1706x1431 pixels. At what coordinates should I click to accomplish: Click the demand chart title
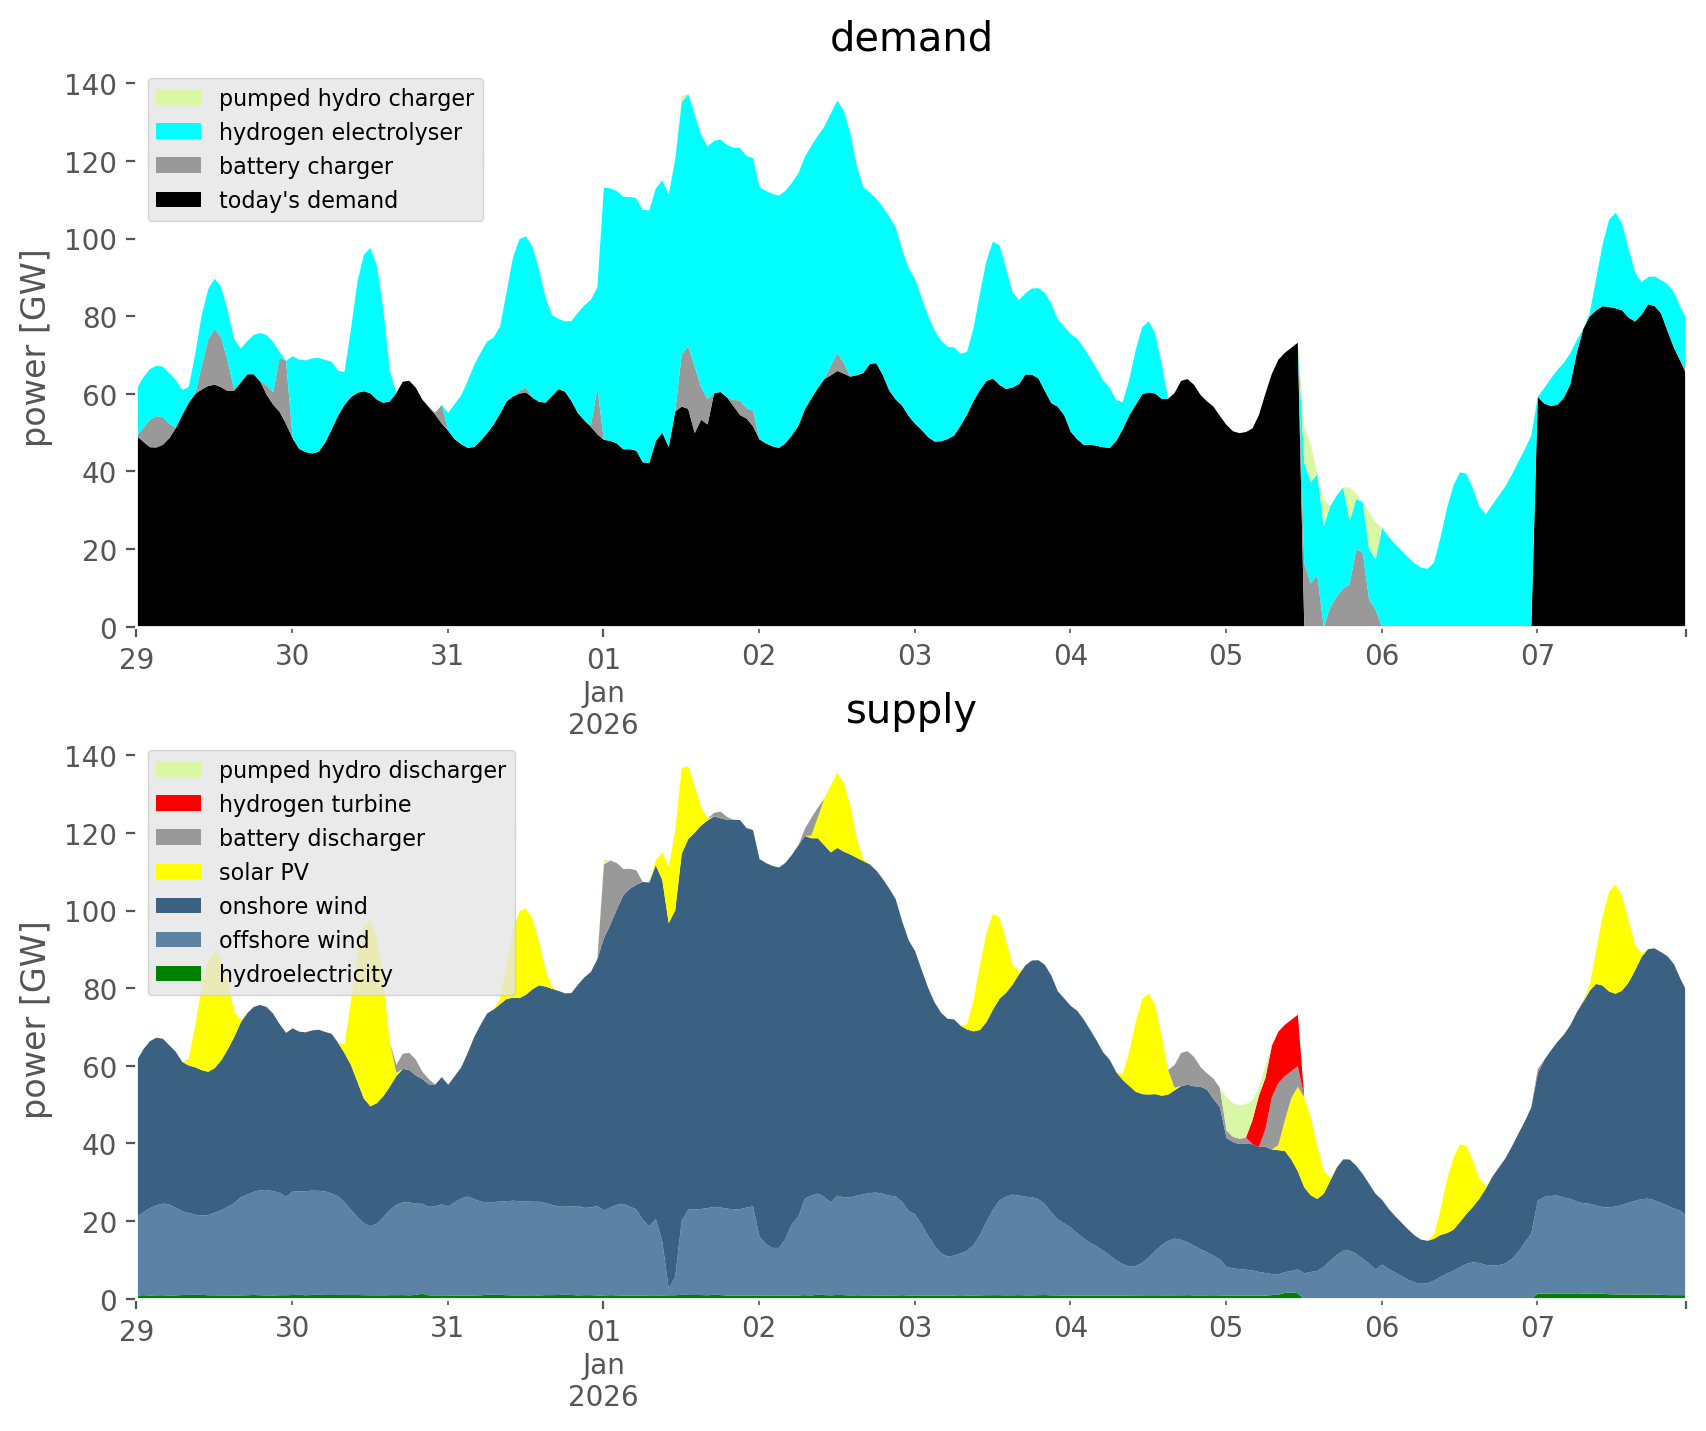(910, 38)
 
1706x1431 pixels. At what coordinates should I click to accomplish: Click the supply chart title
(910, 710)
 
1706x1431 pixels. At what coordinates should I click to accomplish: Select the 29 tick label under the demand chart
(137, 657)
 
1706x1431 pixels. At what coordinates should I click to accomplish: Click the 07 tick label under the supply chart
(1537, 1329)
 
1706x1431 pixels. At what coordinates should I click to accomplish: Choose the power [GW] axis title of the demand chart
(35, 350)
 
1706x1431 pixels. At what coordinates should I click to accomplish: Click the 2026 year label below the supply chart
(603, 1396)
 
